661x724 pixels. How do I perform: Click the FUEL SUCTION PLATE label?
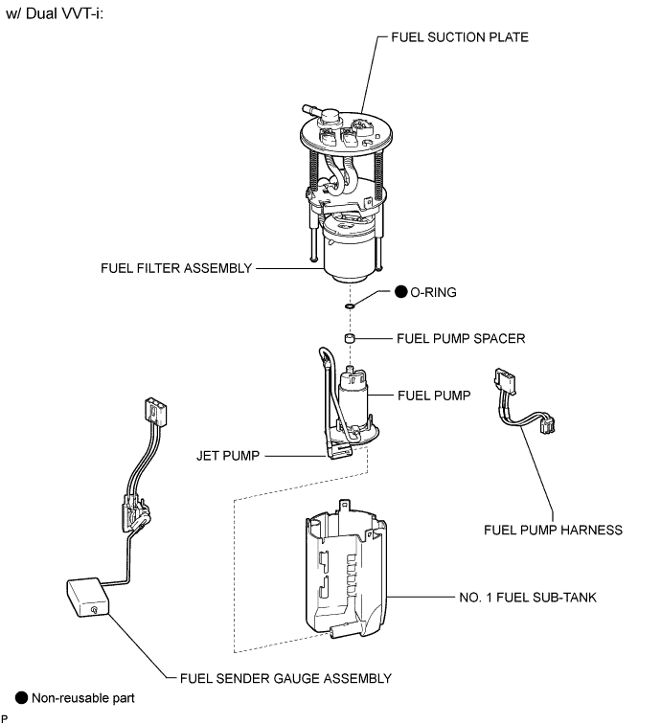pyautogui.click(x=460, y=37)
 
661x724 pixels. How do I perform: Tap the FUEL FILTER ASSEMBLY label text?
pyautogui.click(x=176, y=268)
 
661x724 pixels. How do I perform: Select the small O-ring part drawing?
pyautogui.click(x=350, y=305)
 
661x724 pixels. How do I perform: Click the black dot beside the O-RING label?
pyautogui.click(x=401, y=292)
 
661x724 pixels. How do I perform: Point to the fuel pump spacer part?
pyautogui.click(x=350, y=338)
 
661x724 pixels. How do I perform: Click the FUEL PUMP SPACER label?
pyautogui.click(x=461, y=338)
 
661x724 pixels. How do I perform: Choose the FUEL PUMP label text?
pyautogui.click(x=434, y=396)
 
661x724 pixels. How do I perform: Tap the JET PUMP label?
pyautogui.click(x=228, y=456)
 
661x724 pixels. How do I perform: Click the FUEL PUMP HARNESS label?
pyautogui.click(x=553, y=530)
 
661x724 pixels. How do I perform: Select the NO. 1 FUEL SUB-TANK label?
pyautogui.click(x=528, y=598)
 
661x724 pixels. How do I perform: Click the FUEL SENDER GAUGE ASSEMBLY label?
pyautogui.click(x=285, y=678)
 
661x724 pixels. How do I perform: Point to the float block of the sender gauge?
pyautogui.click(x=88, y=597)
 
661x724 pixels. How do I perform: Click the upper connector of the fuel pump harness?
pyautogui.click(x=505, y=380)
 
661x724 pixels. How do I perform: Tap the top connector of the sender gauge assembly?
pyautogui.click(x=155, y=411)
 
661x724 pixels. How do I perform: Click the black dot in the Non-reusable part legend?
pyautogui.click(x=22, y=698)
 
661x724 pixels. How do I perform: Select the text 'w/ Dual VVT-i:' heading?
pyautogui.click(x=55, y=13)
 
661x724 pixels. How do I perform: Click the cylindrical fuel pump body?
pyautogui.click(x=353, y=394)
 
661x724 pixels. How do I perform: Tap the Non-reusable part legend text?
pyautogui.click(x=83, y=698)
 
